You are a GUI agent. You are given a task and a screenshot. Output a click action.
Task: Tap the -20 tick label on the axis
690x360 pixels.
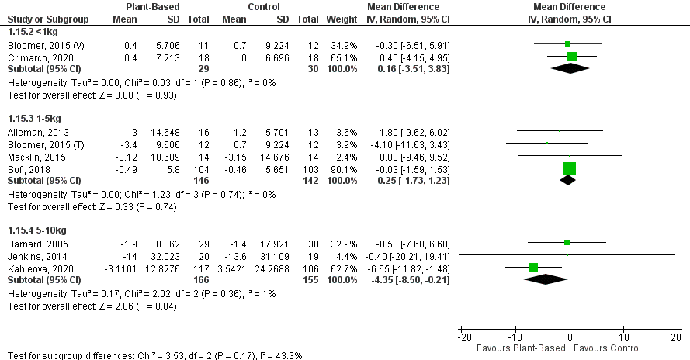coord(463,339)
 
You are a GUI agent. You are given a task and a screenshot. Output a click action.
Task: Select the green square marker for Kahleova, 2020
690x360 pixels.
coord(533,268)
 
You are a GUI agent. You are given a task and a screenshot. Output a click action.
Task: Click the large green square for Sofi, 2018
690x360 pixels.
coord(570,168)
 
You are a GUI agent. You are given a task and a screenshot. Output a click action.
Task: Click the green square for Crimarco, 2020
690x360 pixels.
coord(572,56)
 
